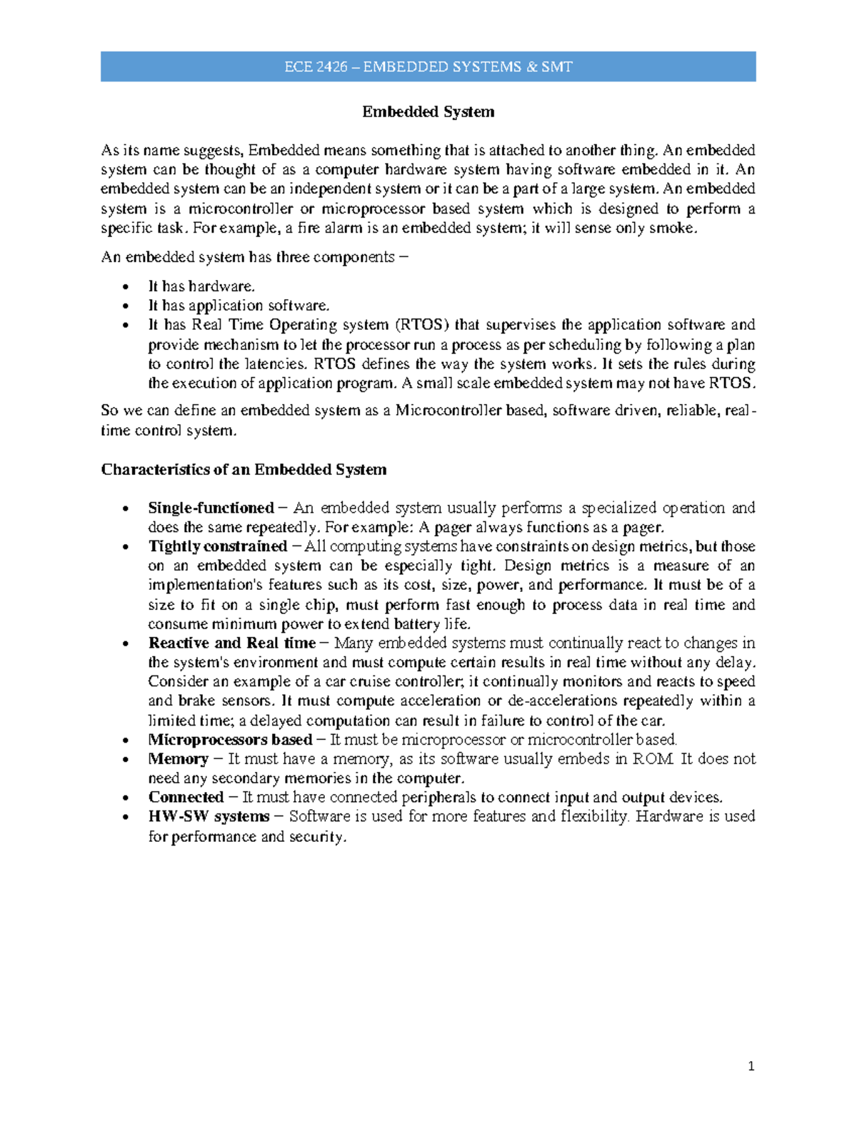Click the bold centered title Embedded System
[x=428, y=112]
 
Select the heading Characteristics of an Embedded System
[x=244, y=470]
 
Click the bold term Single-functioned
[x=211, y=508]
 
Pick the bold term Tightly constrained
[x=217, y=547]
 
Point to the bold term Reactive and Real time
[x=231, y=643]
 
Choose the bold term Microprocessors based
[x=230, y=740]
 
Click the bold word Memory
[x=178, y=759]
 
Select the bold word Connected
[x=186, y=798]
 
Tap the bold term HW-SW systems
[x=209, y=817]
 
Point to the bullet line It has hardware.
[x=201, y=286]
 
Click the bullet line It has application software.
[x=239, y=306]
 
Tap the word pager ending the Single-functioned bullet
[x=643, y=528]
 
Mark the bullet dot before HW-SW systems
[x=126, y=818]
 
